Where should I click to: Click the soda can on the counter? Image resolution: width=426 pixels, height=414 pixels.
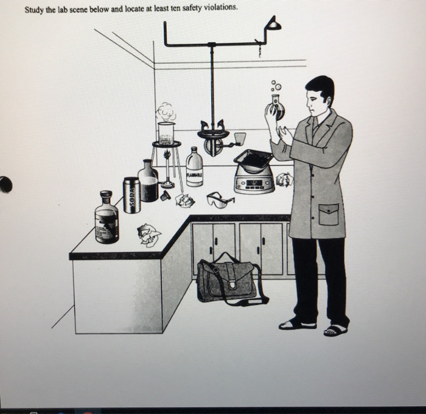(131, 195)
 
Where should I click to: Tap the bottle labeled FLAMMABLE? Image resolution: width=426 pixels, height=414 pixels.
(194, 169)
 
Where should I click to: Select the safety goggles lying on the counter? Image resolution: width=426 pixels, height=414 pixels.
(219, 199)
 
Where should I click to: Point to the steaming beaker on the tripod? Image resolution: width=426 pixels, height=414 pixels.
(166, 132)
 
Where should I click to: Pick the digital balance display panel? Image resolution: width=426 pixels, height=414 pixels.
(254, 183)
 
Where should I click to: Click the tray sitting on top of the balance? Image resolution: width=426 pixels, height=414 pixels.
(253, 160)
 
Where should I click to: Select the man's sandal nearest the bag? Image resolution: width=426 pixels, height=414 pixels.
(297, 324)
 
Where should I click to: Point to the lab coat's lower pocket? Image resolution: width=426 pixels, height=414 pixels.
(329, 214)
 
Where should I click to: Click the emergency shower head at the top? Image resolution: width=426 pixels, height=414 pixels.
(273, 25)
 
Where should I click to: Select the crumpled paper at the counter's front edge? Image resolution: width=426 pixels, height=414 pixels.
(148, 234)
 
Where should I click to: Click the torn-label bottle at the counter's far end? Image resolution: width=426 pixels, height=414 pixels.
(106, 219)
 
